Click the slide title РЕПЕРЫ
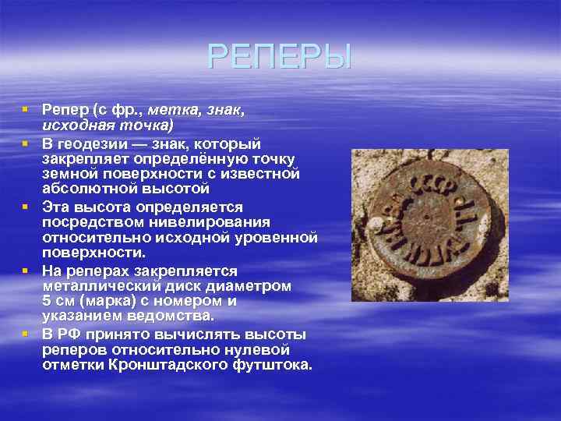coord(280,57)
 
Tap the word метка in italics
coord(171,111)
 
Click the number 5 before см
coord(47,301)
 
